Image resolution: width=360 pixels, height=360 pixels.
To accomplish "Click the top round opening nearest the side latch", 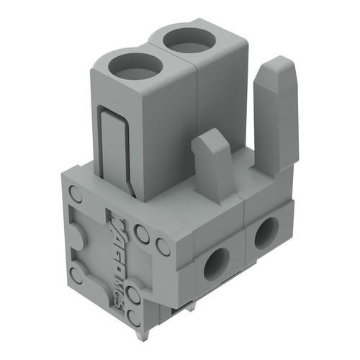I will coord(136,67).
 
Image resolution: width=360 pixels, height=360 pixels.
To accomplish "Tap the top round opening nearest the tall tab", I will coord(191,39).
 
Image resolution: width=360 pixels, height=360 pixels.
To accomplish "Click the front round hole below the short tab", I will coord(215,264).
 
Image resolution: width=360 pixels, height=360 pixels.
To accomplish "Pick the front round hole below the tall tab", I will coord(266,233).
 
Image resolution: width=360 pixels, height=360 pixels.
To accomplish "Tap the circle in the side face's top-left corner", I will coord(75,194).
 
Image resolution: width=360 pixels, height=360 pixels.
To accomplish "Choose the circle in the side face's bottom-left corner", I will coord(76,274).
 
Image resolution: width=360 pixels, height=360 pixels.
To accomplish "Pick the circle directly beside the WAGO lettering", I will coord(142,233).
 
